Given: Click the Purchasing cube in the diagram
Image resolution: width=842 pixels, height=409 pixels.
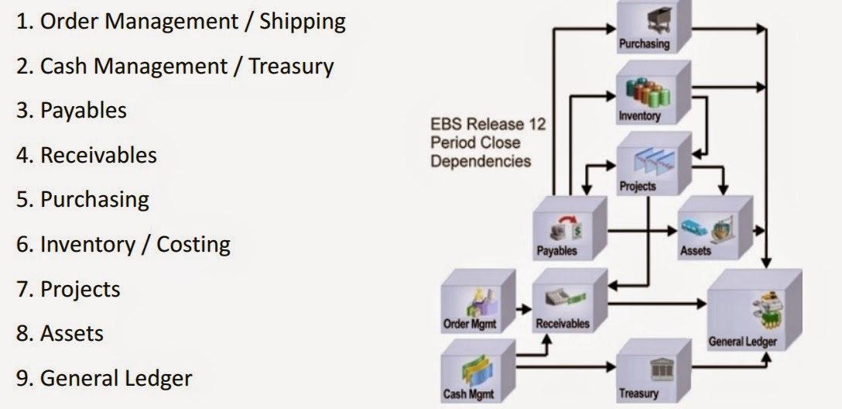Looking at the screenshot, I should coord(649,27).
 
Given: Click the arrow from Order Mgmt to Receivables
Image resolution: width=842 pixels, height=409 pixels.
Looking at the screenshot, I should coord(524,308).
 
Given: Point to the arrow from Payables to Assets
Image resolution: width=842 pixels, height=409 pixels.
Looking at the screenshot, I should coord(642,231).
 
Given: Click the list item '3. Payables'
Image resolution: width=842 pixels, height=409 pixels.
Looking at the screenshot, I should coord(72,111).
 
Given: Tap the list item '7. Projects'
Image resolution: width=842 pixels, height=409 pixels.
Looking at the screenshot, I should coord(69,290).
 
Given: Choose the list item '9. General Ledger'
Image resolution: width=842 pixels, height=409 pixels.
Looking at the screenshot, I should coord(104,379).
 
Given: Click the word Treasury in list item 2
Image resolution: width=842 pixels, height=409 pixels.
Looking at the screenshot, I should coord(291,67).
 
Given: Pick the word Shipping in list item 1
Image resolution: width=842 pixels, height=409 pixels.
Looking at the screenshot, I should coord(303,22).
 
